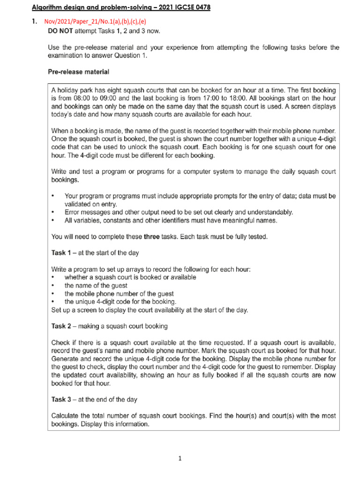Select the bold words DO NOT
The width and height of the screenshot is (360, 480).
pyautogui.click(x=61, y=31)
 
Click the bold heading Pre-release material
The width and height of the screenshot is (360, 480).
pyautogui.click(x=78, y=72)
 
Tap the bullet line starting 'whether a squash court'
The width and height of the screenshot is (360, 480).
pyautogui.click(x=130, y=277)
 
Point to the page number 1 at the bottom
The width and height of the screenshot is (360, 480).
pyautogui.click(x=180, y=459)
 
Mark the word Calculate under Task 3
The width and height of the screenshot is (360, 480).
pyautogui.click(x=67, y=416)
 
